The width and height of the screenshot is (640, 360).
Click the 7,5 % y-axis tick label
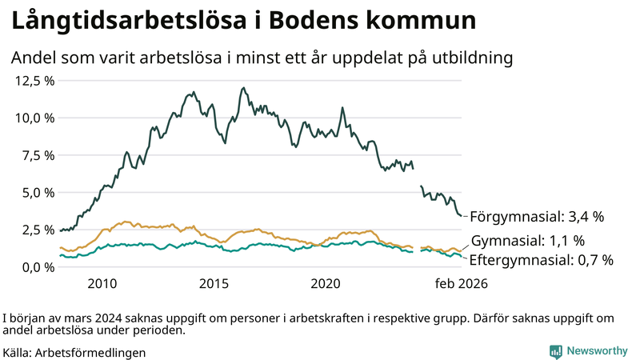37,155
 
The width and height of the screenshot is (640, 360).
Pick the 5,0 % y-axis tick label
37,193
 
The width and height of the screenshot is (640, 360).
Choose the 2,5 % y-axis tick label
37,230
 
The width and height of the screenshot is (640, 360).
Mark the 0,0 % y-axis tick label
37,267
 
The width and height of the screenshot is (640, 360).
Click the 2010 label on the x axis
102,283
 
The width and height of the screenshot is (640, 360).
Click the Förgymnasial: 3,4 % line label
536,216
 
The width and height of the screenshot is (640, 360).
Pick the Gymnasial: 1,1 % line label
527,241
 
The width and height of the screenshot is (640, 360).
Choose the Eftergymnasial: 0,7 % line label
541,260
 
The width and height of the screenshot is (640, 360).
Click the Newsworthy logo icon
555,350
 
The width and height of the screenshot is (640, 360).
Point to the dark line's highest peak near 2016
242,88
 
